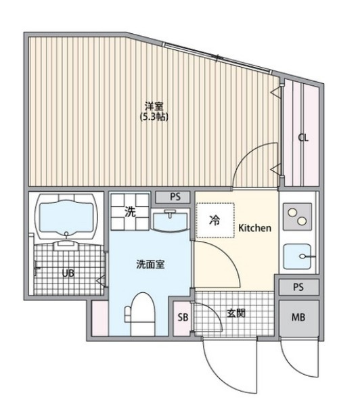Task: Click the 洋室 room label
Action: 154,106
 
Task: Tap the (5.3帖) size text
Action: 154,116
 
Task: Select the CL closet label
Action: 303,137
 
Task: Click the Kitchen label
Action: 254,227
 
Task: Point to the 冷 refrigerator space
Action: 215,220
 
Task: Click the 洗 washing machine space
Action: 130,212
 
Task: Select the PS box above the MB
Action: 299,287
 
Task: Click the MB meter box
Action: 299,317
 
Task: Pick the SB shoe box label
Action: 183,317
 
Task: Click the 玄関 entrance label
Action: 236,313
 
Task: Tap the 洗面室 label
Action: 150,265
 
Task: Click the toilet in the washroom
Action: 140,314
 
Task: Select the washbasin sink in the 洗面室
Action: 171,221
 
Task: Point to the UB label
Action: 68,273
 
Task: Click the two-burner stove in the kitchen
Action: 297,216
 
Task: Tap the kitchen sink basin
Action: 297,256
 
